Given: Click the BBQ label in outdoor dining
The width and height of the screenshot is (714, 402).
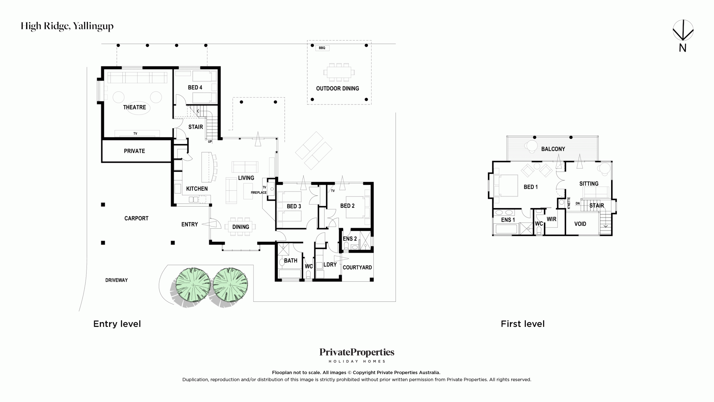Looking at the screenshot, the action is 322,48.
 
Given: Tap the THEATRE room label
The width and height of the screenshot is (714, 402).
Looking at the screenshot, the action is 134,107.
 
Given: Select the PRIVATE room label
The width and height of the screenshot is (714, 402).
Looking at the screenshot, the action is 134,151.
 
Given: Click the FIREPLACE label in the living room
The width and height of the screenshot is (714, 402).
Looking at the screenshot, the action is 259,193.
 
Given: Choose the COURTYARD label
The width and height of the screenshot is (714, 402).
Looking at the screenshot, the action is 357,267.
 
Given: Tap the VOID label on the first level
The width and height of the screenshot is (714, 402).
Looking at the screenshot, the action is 580,224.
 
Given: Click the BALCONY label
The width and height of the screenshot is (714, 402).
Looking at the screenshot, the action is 553,149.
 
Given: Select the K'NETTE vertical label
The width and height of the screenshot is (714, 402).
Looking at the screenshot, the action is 569,203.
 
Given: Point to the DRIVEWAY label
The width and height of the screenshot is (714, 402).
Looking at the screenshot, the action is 116,280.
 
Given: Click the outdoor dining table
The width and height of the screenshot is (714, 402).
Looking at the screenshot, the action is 339,72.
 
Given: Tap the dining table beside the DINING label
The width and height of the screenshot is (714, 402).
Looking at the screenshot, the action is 240,227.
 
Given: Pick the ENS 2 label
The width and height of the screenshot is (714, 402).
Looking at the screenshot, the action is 350,239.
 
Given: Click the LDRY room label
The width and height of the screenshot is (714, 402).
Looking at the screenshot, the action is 330,265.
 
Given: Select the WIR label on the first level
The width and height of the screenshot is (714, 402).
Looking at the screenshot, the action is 551,219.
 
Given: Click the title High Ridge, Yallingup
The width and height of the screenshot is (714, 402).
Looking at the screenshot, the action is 67,26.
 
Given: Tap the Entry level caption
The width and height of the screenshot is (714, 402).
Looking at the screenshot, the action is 117,324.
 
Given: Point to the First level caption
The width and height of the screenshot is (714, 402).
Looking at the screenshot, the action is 523,324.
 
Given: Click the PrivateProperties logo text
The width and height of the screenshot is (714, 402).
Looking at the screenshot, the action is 357,353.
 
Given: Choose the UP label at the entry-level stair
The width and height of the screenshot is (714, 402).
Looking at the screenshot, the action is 210,142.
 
